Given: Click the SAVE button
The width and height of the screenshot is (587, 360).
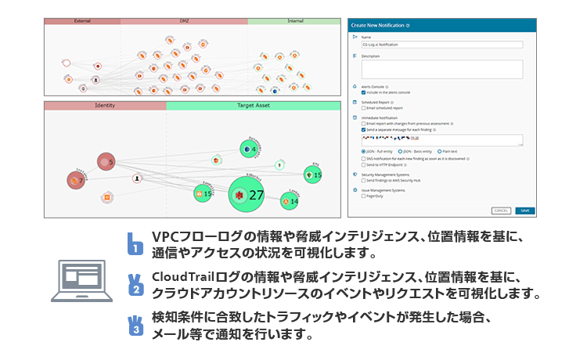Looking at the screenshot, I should [525, 211].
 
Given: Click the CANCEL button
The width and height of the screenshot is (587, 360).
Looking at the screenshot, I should [502, 211].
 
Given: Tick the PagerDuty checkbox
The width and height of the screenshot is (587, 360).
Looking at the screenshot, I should [364, 196].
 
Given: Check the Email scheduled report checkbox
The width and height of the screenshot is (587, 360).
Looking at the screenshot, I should [364, 108].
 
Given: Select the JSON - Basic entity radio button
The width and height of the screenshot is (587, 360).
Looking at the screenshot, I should [400, 150].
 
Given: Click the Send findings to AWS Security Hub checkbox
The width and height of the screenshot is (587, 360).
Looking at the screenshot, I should [364, 180].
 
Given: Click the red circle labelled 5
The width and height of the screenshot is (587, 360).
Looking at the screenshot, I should [107, 162].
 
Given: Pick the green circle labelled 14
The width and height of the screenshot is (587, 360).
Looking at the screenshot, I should [290, 201].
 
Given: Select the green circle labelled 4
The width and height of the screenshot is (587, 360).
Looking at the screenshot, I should [250, 149].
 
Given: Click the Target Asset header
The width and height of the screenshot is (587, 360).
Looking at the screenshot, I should [254, 105].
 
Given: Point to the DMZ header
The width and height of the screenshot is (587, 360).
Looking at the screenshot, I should [184, 20].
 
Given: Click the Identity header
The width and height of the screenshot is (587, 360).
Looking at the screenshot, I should [105, 105].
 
